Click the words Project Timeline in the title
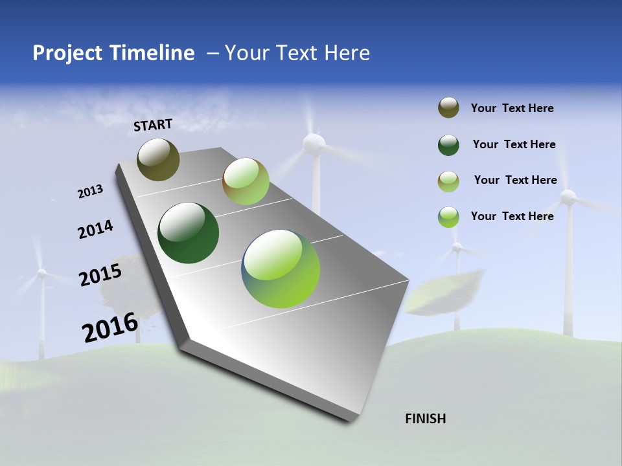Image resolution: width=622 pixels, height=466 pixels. tap(113, 53)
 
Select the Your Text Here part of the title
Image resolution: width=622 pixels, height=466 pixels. tap(297, 53)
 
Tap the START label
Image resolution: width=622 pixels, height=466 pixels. tap(153, 125)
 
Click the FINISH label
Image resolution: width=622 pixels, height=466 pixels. tap(425, 419)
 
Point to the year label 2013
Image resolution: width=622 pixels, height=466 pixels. tap(90, 192)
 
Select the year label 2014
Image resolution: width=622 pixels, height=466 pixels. tap(95, 230)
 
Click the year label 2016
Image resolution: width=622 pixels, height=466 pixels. tap(110, 327)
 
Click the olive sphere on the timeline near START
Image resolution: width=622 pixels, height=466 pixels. tap(158, 159)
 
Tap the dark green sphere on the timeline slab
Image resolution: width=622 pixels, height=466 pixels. tap(188, 233)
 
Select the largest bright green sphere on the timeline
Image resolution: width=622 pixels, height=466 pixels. tap(281, 269)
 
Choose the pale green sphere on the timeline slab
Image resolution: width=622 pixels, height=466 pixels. tap(246, 181)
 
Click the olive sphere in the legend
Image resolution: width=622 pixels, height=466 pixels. tap(448, 108)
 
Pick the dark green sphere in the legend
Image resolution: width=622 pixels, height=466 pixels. tap(448, 145)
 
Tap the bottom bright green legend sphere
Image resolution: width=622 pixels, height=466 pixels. tap(448, 217)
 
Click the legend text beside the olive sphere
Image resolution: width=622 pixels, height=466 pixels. tap(512, 108)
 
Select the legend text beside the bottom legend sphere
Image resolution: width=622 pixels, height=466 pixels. tap(512, 216)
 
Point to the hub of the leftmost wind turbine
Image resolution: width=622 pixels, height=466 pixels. tap(41, 274)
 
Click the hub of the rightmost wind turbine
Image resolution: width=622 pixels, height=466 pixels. tap(568, 197)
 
